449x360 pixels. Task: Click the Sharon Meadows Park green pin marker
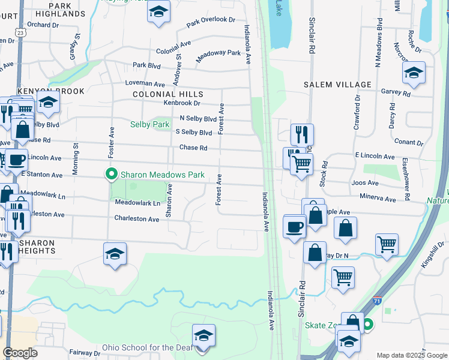pos(111,175)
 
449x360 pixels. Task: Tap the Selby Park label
pos(150,124)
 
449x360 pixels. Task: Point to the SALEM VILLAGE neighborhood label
pos(337,85)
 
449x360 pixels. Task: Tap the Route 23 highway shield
pos(22,34)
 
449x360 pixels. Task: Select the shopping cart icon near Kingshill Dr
pos(387,244)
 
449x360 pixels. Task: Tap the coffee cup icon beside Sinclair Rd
pos(294,226)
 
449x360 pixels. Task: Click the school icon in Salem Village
pos(413,73)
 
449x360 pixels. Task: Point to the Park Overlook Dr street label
pos(211,22)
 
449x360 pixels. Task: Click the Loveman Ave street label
pos(149,85)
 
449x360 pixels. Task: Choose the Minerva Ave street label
pos(378,198)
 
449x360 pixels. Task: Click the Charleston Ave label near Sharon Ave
pos(137,219)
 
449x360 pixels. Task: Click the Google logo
pos(20,353)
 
